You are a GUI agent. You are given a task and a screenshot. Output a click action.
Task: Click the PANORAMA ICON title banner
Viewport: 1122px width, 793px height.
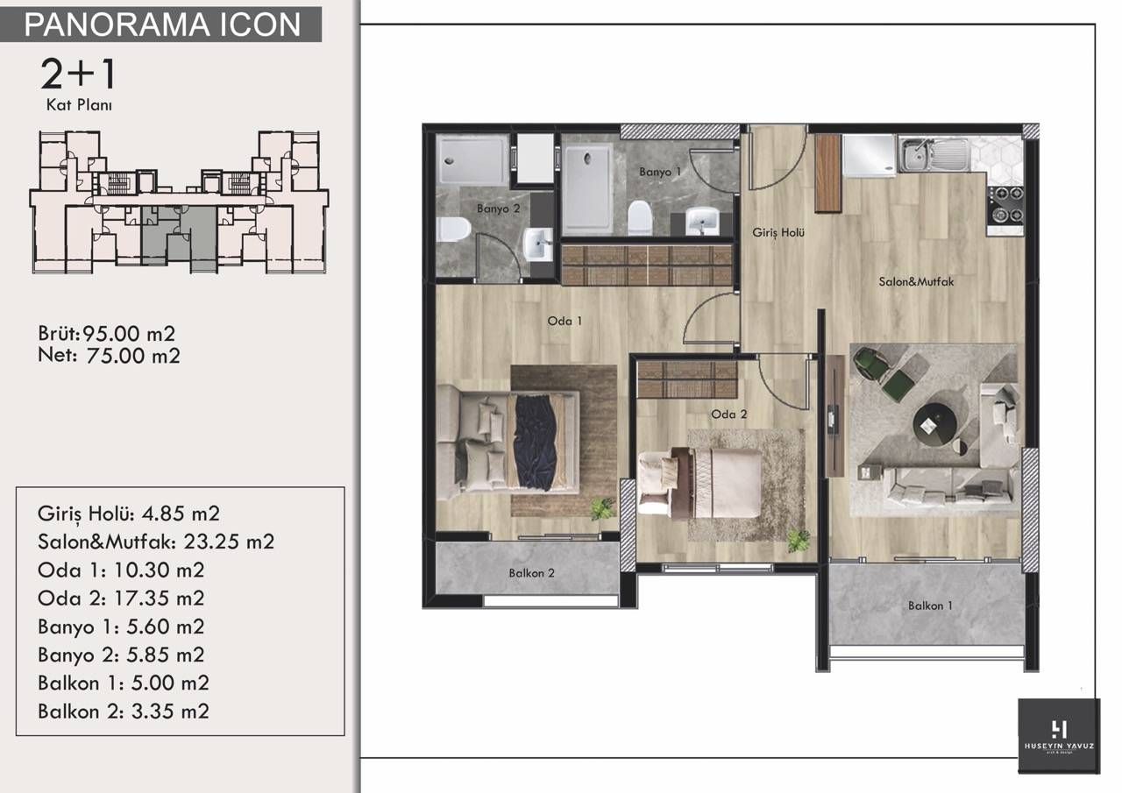pyautogui.click(x=162, y=24)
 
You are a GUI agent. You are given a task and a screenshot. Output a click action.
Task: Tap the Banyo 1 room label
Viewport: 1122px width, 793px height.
pyautogui.click(x=660, y=173)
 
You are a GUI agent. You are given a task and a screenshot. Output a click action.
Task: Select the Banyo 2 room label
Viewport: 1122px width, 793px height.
pyautogui.click(x=498, y=209)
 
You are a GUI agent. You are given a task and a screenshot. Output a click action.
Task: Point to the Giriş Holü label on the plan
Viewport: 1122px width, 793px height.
pyautogui.click(x=778, y=233)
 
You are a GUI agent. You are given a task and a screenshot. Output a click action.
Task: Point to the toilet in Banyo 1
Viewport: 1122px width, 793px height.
pyautogui.click(x=640, y=216)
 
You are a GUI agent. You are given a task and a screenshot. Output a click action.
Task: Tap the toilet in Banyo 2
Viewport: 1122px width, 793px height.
pyautogui.click(x=453, y=230)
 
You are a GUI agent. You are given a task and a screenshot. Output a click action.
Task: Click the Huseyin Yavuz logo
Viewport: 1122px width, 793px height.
pyautogui.click(x=1059, y=733)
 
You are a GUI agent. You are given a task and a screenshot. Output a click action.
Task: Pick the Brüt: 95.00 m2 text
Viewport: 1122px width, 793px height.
pyautogui.click(x=108, y=334)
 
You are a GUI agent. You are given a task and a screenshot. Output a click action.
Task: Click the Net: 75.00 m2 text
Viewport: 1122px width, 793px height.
pyautogui.click(x=109, y=356)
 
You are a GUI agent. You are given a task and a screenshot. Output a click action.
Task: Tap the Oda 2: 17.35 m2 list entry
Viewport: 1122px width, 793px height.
pyautogui.click(x=121, y=598)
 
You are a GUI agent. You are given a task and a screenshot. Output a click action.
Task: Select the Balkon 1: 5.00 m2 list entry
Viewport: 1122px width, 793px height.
pyautogui.click(x=124, y=683)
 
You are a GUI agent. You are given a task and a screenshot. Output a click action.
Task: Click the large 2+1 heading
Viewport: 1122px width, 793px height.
pyautogui.click(x=78, y=75)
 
